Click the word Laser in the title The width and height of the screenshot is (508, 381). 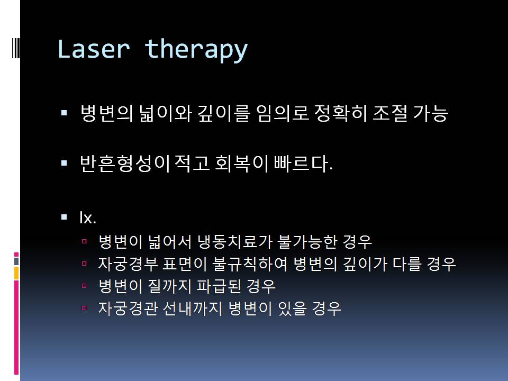(94, 49)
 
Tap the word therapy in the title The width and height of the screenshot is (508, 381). (196, 51)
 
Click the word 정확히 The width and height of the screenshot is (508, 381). (340, 113)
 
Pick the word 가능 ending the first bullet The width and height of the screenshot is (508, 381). (431, 113)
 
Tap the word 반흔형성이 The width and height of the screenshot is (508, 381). (125, 163)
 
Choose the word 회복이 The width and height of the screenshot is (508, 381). (242, 163)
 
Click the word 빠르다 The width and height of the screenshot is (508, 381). (303, 163)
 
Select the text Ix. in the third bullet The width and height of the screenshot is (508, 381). (88, 217)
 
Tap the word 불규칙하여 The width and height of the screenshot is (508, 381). (249, 264)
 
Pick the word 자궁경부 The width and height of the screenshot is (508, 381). (128, 264)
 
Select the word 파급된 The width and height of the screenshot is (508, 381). (219, 286)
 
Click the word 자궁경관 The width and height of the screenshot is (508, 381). (128, 308)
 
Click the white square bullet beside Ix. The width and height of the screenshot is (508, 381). (64, 217)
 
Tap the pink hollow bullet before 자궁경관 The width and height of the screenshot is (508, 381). (84, 308)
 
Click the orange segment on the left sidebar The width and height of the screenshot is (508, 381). (16, 273)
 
